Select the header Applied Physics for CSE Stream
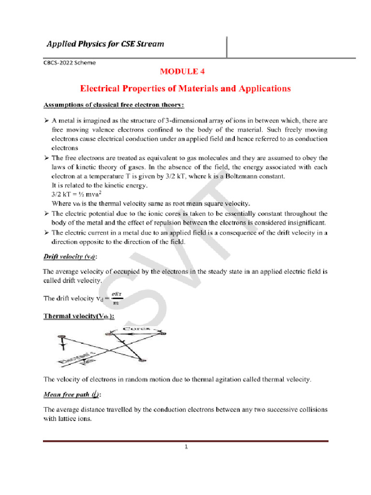pyautogui.click(x=105, y=44)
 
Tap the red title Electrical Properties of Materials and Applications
pyautogui.click(x=185, y=88)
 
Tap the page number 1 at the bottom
pyautogui.click(x=185, y=446)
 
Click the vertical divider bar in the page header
pyautogui.click(x=227, y=46)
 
